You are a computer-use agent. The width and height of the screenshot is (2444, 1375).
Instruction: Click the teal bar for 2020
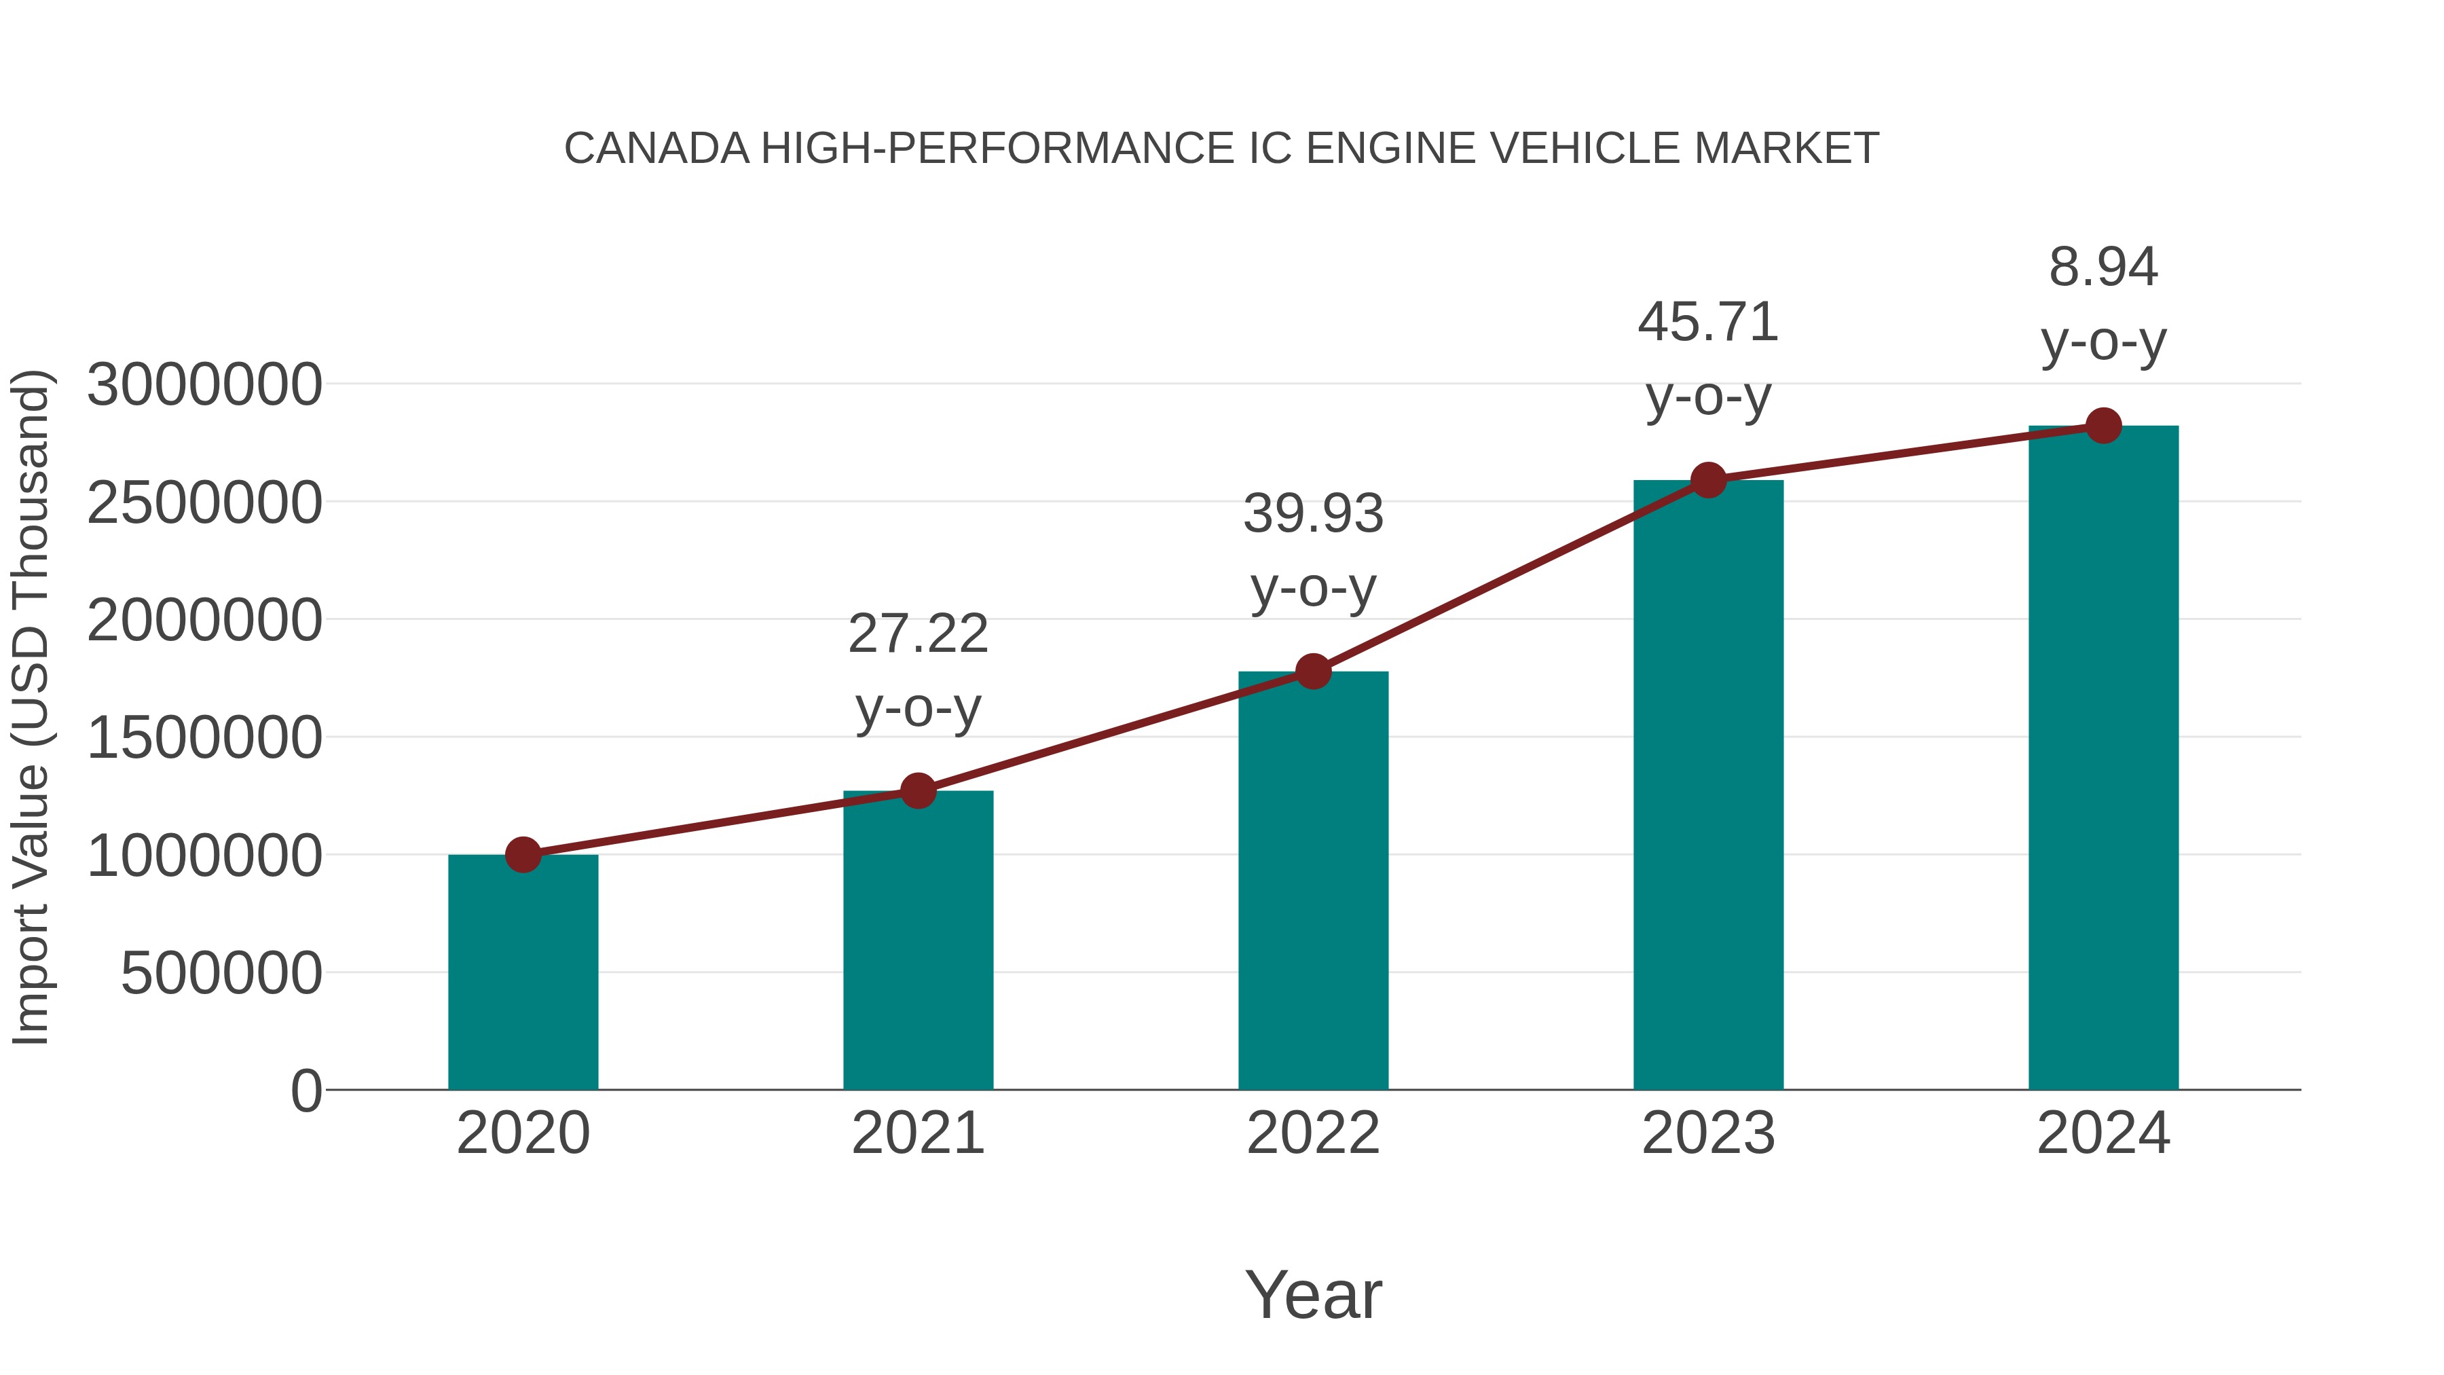tap(523, 972)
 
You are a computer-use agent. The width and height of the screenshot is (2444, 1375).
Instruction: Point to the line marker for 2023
tap(1708, 480)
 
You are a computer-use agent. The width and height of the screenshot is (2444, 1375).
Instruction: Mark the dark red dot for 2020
tap(523, 855)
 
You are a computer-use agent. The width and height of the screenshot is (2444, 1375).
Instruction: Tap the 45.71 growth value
tap(1708, 323)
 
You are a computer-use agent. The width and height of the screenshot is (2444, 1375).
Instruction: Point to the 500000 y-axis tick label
tap(221, 974)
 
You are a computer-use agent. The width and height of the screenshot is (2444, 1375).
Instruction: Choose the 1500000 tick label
tap(204, 738)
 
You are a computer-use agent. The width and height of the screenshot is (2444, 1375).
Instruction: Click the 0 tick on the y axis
tap(305, 1091)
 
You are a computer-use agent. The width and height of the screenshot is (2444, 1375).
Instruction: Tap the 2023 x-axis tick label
tap(1708, 1133)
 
